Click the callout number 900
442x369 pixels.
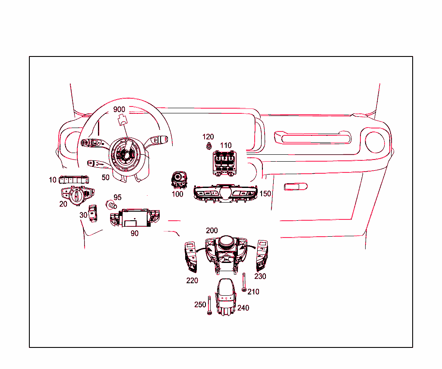[119, 109]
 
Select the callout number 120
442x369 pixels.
[208, 137]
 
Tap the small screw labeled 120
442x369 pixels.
[208, 146]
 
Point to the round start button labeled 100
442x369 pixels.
[179, 179]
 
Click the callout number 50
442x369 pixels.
[105, 177]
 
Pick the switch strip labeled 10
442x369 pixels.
[74, 180]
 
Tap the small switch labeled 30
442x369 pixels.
[93, 213]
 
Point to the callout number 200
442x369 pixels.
[212, 231]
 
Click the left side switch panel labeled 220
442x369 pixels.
[191, 257]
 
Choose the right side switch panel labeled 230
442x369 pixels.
[261, 255]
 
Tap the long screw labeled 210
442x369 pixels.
[244, 283]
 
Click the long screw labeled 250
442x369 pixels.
[209, 306]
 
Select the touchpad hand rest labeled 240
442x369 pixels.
[226, 297]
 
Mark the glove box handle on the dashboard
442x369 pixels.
[296, 187]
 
